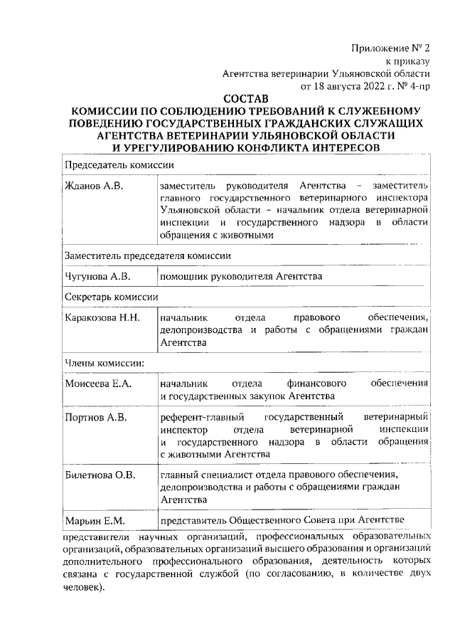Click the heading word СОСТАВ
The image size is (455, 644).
246,99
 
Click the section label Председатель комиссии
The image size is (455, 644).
119,164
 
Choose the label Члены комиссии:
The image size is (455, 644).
105,362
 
